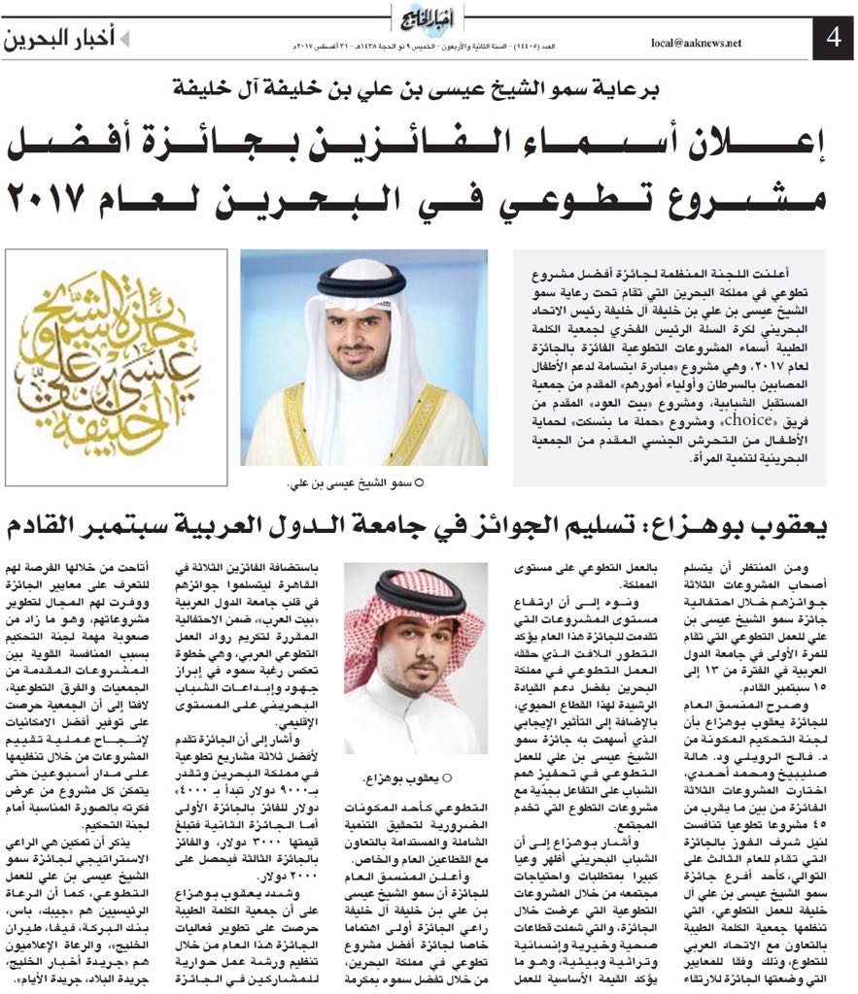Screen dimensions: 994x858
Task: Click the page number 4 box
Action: (x=832, y=40)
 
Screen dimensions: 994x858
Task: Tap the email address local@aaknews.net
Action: (x=695, y=43)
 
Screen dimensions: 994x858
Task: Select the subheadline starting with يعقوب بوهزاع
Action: (x=428, y=527)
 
